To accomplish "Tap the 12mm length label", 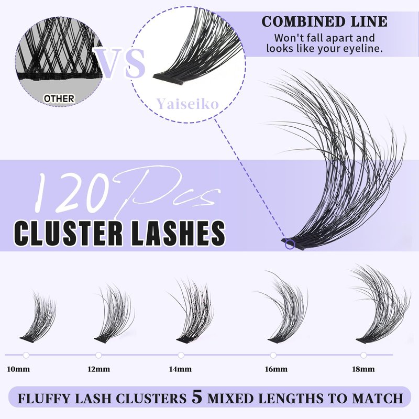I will (98, 369).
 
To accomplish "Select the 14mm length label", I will (181, 369).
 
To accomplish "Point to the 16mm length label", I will (276, 369).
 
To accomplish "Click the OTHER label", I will (59, 98).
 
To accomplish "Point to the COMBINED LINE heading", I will (325, 22).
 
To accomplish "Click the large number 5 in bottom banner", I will (197, 396).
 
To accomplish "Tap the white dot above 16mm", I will (273, 355).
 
